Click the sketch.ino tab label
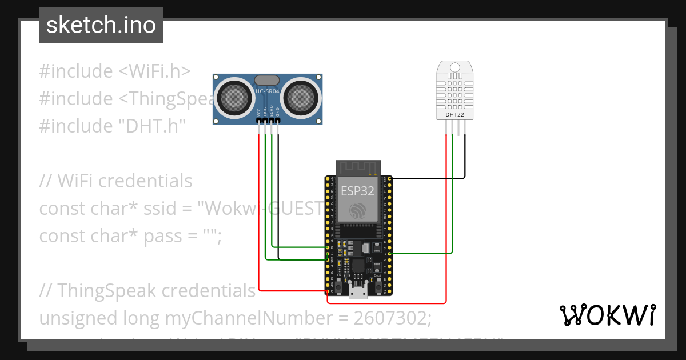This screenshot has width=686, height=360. click(x=101, y=25)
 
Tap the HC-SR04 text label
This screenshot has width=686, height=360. click(x=268, y=92)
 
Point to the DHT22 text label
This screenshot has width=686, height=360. click(x=455, y=115)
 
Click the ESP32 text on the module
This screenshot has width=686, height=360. click(x=357, y=191)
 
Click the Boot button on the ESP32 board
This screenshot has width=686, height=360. click(x=378, y=284)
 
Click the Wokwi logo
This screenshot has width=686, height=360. click(x=607, y=315)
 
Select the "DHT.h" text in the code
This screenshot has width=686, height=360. click(x=151, y=126)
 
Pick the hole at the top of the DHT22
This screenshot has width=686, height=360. click(x=455, y=67)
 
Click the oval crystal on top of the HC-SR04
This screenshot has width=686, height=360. click(x=267, y=81)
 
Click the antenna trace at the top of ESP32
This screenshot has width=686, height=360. click(x=358, y=167)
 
